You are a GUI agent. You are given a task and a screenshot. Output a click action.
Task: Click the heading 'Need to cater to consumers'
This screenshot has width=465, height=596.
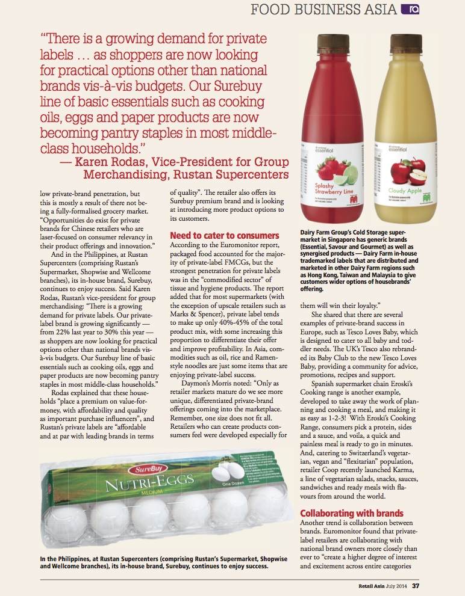[225, 235]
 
